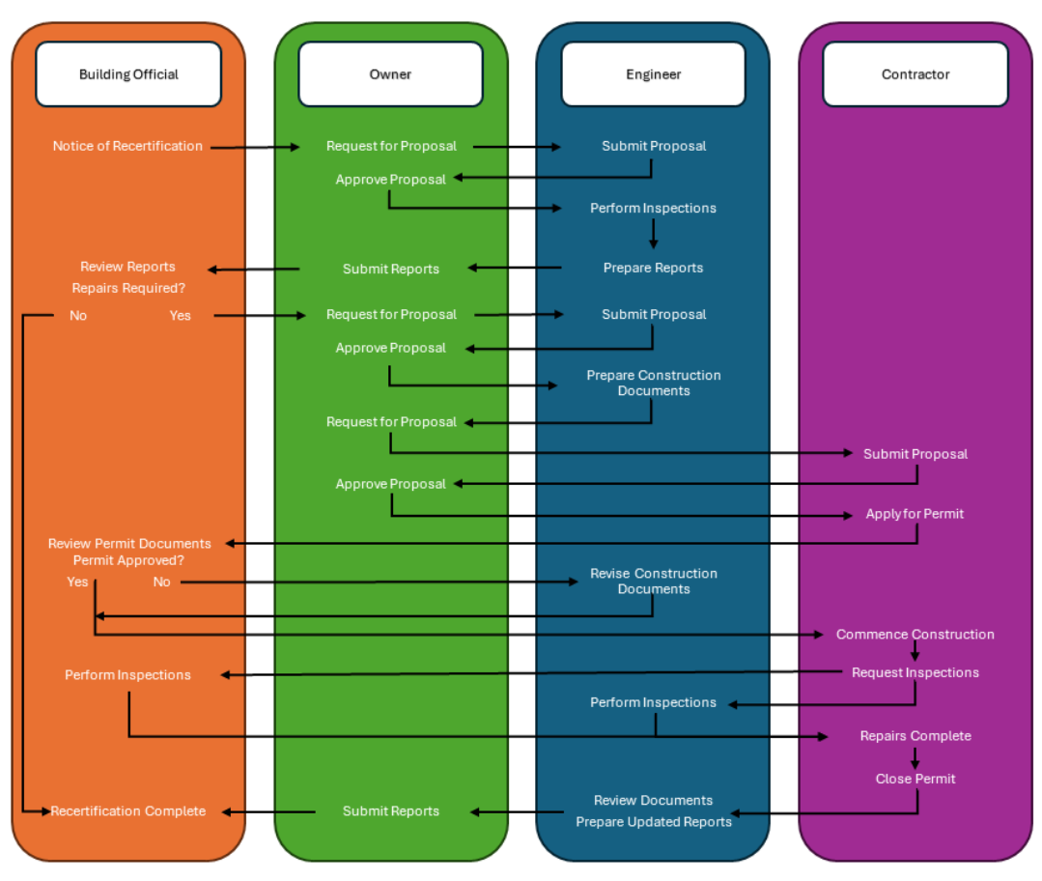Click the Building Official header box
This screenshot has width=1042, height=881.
(x=128, y=74)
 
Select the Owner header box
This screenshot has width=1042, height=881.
(x=390, y=74)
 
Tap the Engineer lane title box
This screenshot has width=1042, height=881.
(x=653, y=74)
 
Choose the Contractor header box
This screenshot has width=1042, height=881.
(x=915, y=74)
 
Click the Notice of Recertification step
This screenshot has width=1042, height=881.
(x=127, y=146)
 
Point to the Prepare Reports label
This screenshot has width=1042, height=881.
(x=653, y=268)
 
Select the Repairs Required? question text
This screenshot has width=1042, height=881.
(x=128, y=288)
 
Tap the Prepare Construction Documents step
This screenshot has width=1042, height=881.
(x=654, y=383)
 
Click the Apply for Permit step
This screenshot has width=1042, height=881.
(x=915, y=514)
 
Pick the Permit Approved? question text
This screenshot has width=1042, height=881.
(x=128, y=560)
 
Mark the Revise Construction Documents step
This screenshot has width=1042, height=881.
(x=654, y=581)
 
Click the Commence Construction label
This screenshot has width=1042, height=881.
(x=915, y=635)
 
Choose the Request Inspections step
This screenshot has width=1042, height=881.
(x=915, y=672)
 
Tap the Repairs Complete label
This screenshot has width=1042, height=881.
(x=915, y=736)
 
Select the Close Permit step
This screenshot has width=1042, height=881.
(x=915, y=779)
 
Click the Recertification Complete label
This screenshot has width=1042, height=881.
(x=128, y=811)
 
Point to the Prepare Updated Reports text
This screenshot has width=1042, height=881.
(x=654, y=822)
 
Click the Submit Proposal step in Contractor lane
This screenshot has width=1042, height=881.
(x=915, y=454)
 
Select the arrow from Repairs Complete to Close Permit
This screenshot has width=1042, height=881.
(x=915, y=757)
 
